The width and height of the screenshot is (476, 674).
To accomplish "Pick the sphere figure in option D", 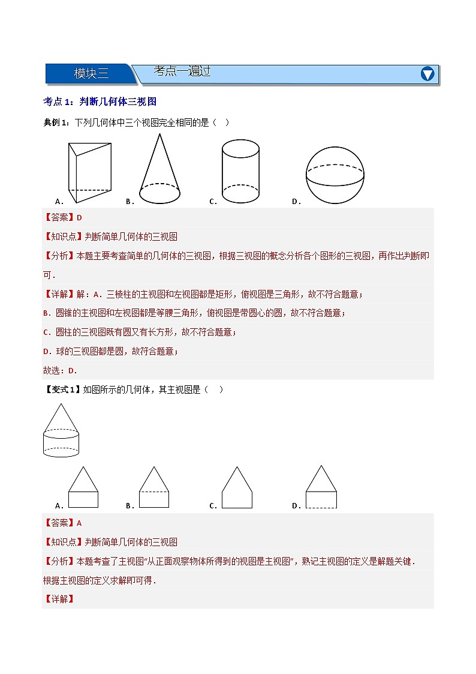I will click(335, 175).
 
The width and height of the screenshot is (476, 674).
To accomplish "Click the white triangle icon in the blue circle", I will click(427, 74).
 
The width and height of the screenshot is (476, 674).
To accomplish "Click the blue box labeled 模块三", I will click(91, 74).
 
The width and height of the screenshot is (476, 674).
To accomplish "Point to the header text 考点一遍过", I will click(182, 71).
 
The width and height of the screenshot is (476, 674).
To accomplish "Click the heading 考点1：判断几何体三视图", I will click(100, 101).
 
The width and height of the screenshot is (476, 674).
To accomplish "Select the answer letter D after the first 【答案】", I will click(79, 217).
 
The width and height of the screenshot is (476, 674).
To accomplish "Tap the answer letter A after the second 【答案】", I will click(79, 523).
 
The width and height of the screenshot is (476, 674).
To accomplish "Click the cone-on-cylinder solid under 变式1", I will click(61, 430).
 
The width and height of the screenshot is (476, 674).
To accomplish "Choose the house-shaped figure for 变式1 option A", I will click(83, 487).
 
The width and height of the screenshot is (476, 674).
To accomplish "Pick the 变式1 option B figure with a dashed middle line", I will click(154, 487).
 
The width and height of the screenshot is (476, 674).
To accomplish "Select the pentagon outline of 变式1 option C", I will click(237, 487).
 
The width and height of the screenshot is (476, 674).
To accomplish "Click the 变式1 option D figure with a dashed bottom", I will click(321, 487).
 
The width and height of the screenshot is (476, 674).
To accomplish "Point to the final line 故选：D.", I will click(60, 370).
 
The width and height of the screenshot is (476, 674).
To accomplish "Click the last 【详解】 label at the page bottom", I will click(58, 599).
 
